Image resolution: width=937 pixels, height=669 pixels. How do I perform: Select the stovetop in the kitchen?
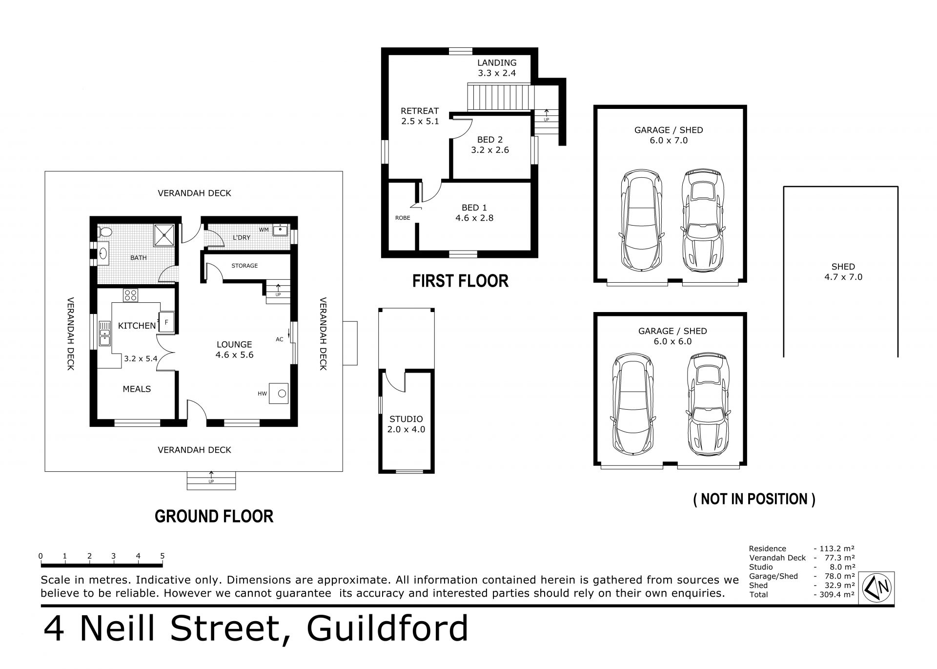click(130, 295)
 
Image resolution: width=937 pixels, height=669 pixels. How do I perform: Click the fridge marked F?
click(166, 322)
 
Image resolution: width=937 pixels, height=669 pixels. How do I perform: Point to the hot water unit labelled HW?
click(281, 393)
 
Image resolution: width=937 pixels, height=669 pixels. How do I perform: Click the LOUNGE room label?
click(234, 344)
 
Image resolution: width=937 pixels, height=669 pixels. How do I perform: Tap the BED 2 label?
click(489, 140)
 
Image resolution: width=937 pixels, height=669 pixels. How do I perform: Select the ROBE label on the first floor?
click(403, 218)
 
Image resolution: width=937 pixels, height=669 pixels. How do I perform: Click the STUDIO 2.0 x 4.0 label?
click(406, 424)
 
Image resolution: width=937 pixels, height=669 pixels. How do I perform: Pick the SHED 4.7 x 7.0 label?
click(843, 272)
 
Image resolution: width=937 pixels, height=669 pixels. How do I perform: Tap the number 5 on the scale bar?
click(163, 556)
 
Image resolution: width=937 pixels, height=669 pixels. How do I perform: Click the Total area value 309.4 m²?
click(837, 595)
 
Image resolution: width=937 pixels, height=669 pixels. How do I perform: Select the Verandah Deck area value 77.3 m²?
click(837, 558)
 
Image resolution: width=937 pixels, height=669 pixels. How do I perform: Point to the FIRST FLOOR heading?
click(460, 281)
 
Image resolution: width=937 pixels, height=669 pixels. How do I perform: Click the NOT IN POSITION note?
click(754, 499)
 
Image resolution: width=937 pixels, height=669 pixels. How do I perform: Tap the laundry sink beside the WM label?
click(281, 230)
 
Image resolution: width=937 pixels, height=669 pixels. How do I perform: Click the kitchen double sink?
click(105, 333)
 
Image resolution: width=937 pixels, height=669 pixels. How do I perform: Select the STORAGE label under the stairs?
click(244, 266)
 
